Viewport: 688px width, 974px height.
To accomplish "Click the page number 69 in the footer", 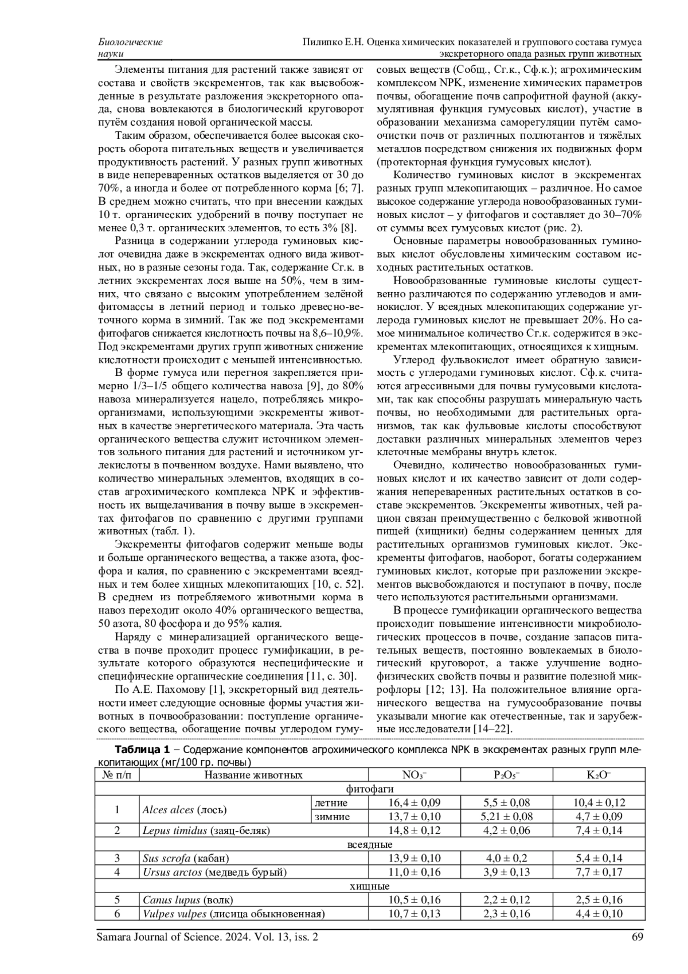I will pos(638,937).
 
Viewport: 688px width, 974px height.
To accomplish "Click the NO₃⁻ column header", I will pos(414,775).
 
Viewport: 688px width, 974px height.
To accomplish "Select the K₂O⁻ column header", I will pos(599,775).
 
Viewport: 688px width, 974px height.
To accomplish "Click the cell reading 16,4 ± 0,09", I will pos(414,803).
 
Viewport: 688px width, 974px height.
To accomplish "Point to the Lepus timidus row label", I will pos(206,831).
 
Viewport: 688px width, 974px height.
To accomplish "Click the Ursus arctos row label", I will pos(214,872).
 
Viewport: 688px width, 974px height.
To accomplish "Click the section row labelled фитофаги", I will pos(370,789).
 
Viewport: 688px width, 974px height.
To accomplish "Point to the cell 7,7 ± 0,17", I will pos(599,872).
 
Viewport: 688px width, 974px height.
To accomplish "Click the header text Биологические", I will pos(131,42).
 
